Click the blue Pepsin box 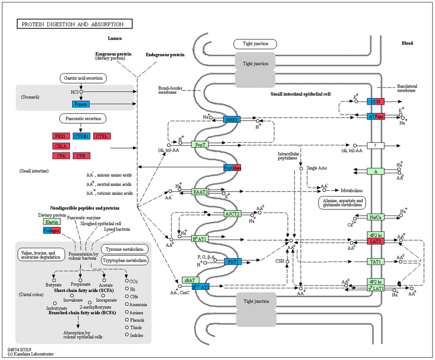(81, 104)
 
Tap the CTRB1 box (82, 136)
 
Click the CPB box (81, 156)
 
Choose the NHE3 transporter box (232, 120)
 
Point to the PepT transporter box (200, 145)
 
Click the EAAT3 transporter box (200, 192)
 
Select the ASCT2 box (233, 213)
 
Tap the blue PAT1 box (233, 261)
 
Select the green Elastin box (52, 222)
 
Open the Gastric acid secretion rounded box (83, 78)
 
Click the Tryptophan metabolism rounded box (125, 261)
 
